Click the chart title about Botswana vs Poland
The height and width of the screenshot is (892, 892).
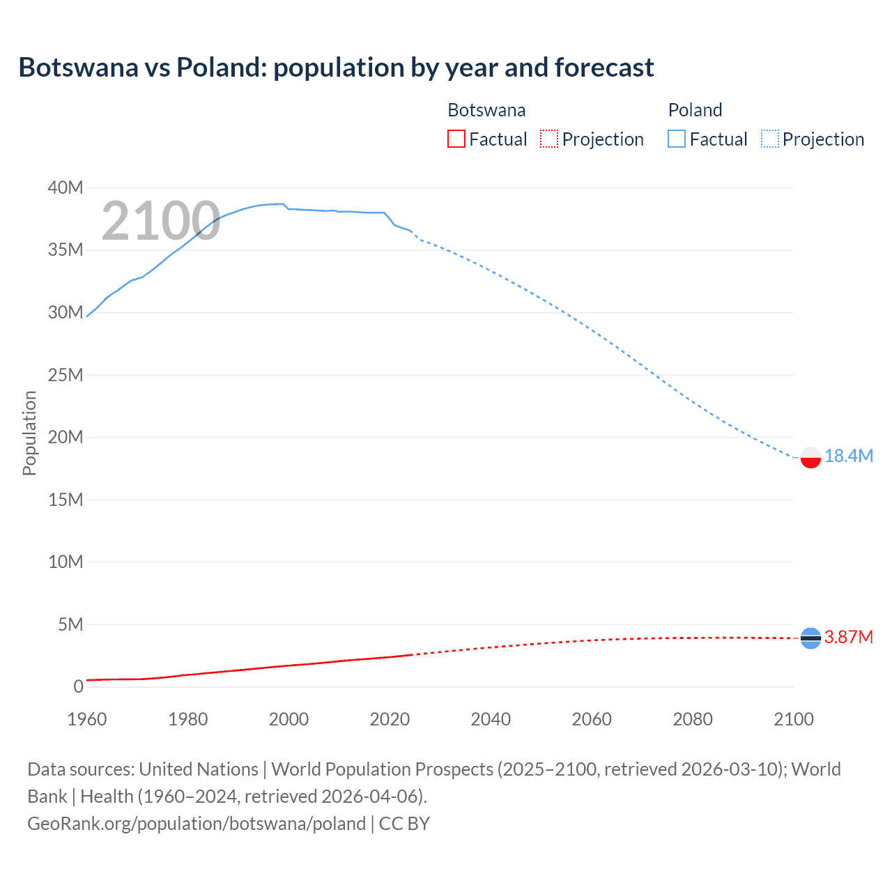coord(336,68)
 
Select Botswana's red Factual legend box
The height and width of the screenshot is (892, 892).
coord(456,139)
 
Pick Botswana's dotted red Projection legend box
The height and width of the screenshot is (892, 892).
coord(549,139)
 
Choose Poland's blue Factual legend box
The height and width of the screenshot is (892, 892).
coord(677,139)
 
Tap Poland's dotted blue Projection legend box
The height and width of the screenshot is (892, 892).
coord(770,139)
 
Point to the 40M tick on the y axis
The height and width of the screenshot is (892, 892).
coord(66,187)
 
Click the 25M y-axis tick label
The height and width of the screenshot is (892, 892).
coord(66,375)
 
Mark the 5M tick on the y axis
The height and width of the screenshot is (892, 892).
coord(70,624)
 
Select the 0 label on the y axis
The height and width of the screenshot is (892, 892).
coord(78,686)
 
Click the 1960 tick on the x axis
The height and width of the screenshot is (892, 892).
coord(87,719)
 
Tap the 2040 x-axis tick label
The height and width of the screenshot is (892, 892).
coord(491,719)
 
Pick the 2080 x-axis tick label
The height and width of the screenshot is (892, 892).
coord(693,719)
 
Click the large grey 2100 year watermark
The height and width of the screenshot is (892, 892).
coord(161,221)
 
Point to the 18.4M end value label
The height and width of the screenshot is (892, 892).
coord(848,456)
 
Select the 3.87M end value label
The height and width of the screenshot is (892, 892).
coord(848,637)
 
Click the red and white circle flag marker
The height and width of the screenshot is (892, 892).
coord(810,457)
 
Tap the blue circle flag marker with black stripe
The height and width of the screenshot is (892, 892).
coord(810,638)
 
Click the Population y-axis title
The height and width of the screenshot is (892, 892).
coord(29,433)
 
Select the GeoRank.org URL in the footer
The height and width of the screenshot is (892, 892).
coord(197,824)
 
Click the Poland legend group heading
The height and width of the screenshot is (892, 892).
coord(695,110)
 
